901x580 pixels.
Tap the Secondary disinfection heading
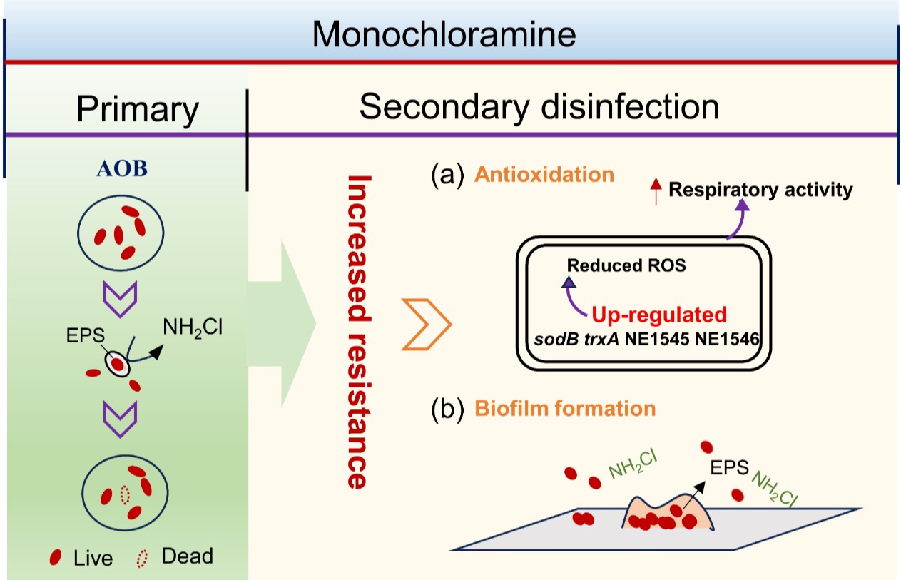[x=539, y=107]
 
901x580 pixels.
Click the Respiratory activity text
[x=761, y=190]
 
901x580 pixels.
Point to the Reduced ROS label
[x=626, y=265]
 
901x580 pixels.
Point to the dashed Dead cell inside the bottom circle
[x=126, y=494]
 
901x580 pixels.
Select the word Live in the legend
[x=93, y=558]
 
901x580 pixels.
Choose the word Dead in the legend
[x=187, y=556]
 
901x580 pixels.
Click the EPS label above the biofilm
[x=728, y=468]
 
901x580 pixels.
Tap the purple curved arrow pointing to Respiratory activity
[x=737, y=220]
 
